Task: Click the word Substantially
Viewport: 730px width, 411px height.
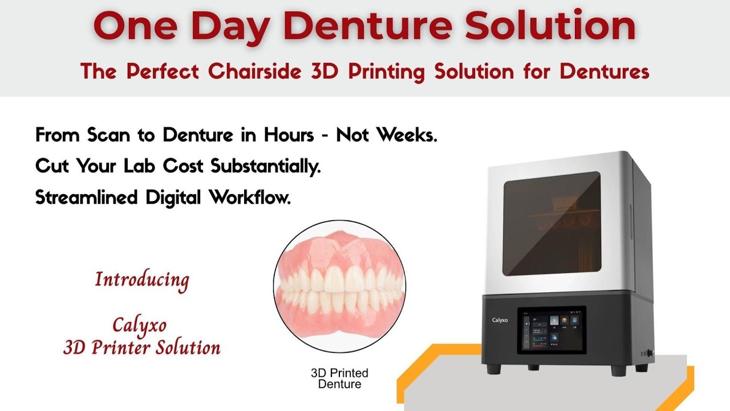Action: (x=266, y=166)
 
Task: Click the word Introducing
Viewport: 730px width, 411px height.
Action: (x=142, y=280)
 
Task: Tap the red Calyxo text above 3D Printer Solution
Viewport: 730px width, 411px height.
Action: (x=140, y=325)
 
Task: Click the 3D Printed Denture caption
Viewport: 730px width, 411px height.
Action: (x=339, y=378)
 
